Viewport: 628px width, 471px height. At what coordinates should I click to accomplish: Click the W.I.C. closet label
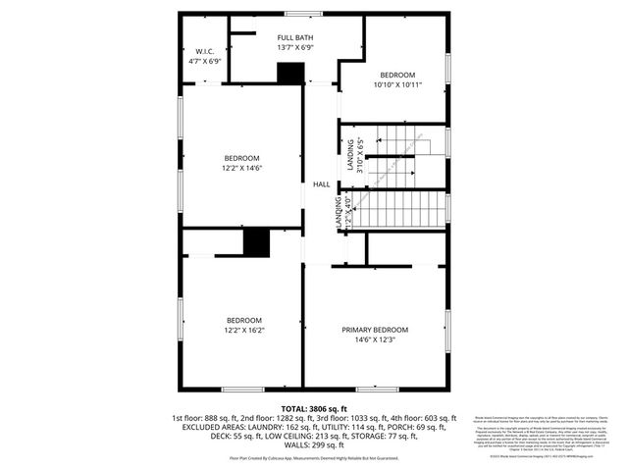click(x=204, y=51)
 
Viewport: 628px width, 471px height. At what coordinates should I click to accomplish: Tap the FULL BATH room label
click(x=295, y=36)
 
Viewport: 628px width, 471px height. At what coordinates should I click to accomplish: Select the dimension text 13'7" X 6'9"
click(x=295, y=47)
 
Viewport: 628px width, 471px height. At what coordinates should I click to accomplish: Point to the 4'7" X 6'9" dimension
click(x=204, y=61)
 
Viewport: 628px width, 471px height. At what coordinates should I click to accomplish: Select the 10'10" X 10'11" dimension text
click(x=397, y=86)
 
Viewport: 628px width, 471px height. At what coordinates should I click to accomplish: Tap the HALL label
click(x=321, y=184)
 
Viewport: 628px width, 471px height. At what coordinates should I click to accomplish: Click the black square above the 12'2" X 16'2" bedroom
click(x=256, y=241)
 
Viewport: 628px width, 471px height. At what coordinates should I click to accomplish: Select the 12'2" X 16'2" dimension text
click(x=243, y=331)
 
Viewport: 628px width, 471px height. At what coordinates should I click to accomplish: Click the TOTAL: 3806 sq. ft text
click(x=314, y=407)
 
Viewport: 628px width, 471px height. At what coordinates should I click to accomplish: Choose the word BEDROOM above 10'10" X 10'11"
click(x=397, y=76)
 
